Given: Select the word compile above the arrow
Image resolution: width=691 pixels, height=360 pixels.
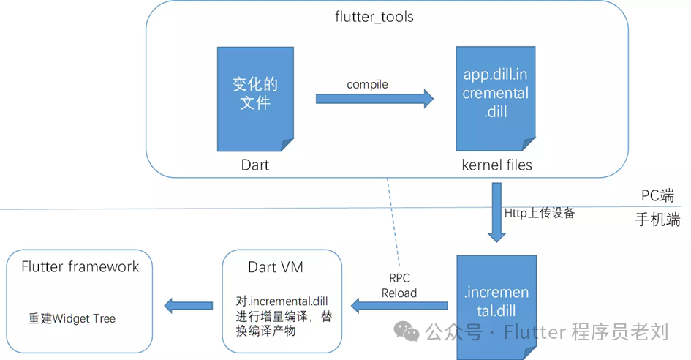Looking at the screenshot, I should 367,84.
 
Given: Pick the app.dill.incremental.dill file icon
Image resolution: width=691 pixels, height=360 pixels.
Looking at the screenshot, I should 495,94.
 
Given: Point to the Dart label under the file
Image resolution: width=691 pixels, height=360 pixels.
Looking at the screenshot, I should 255,165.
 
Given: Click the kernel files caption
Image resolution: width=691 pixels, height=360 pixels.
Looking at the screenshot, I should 497,165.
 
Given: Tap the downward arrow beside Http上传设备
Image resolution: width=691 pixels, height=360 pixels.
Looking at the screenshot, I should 497,212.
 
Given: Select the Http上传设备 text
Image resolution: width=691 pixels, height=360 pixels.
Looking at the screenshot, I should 540,213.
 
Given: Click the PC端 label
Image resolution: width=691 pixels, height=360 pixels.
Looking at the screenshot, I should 658,197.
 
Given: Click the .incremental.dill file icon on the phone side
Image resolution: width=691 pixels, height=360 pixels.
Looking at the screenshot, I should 496,304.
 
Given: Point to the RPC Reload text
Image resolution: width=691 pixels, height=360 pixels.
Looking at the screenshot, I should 399,285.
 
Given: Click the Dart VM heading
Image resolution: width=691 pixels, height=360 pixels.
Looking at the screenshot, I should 276,267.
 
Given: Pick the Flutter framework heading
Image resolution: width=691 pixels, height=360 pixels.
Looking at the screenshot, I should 80,266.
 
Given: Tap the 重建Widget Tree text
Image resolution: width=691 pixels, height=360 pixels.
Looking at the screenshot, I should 72,318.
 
